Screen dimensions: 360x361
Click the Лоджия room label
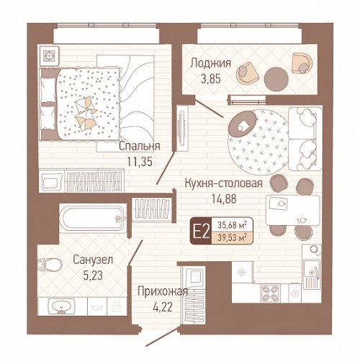point(211,63)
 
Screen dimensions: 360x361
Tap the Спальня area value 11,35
point(140,162)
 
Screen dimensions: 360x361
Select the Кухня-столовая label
point(224,183)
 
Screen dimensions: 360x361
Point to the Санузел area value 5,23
point(93,275)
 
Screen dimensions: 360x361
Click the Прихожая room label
point(163,292)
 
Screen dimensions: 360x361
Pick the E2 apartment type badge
point(202,231)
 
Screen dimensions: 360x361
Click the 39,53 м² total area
point(232,238)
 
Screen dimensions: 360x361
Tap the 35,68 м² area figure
point(232,225)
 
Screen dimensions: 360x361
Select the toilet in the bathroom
point(50,265)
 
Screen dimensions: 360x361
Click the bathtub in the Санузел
point(93,218)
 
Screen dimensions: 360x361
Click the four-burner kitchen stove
point(270,293)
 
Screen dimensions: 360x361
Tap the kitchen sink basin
point(311,272)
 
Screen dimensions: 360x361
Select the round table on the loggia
point(276,78)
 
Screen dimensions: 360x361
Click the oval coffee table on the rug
point(243,124)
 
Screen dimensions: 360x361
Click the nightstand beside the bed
point(49,55)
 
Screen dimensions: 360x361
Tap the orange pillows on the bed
point(85,113)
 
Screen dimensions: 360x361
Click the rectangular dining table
point(293,210)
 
